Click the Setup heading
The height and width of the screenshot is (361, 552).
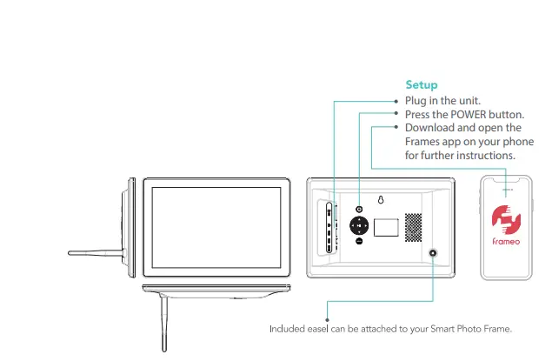pyautogui.click(x=422, y=85)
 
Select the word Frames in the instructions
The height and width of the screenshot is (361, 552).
pyautogui.click(x=423, y=142)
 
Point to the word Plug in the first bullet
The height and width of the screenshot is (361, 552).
pyautogui.click(x=416, y=101)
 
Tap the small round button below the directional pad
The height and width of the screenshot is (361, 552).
pyautogui.click(x=359, y=242)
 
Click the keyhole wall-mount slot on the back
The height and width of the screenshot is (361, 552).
pyautogui.click(x=380, y=200)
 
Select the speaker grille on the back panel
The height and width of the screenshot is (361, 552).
pyautogui.click(x=414, y=228)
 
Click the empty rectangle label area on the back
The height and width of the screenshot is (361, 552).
pyautogui.click(x=386, y=227)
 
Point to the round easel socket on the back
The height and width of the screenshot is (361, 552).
pyautogui.click(x=432, y=252)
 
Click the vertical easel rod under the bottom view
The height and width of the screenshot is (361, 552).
pyautogui.click(x=163, y=323)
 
